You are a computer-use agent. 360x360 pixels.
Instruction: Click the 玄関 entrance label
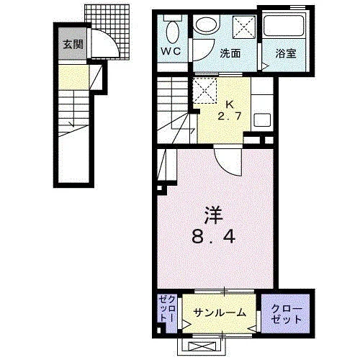[73, 45]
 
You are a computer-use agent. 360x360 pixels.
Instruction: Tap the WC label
[171, 51]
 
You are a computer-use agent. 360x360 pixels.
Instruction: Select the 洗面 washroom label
[230, 53]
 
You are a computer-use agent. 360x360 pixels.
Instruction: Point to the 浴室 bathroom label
[286, 53]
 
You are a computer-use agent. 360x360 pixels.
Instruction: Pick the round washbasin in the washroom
[207, 24]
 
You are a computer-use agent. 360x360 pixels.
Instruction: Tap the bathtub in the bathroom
[284, 26]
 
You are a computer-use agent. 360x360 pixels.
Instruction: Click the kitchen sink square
[262, 120]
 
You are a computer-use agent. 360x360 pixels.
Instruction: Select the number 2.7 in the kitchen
[229, 117]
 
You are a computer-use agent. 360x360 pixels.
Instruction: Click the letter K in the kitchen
[230, 104]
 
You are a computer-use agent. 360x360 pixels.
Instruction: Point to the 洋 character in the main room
[213, 215]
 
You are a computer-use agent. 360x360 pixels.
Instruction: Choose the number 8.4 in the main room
[213, 236]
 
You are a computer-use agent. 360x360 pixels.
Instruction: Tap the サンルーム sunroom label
[220, 312]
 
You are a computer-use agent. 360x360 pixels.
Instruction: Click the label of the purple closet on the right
[287, 314]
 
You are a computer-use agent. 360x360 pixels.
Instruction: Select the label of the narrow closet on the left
[167, 309]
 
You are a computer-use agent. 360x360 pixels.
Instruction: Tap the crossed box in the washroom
[244, 27]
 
